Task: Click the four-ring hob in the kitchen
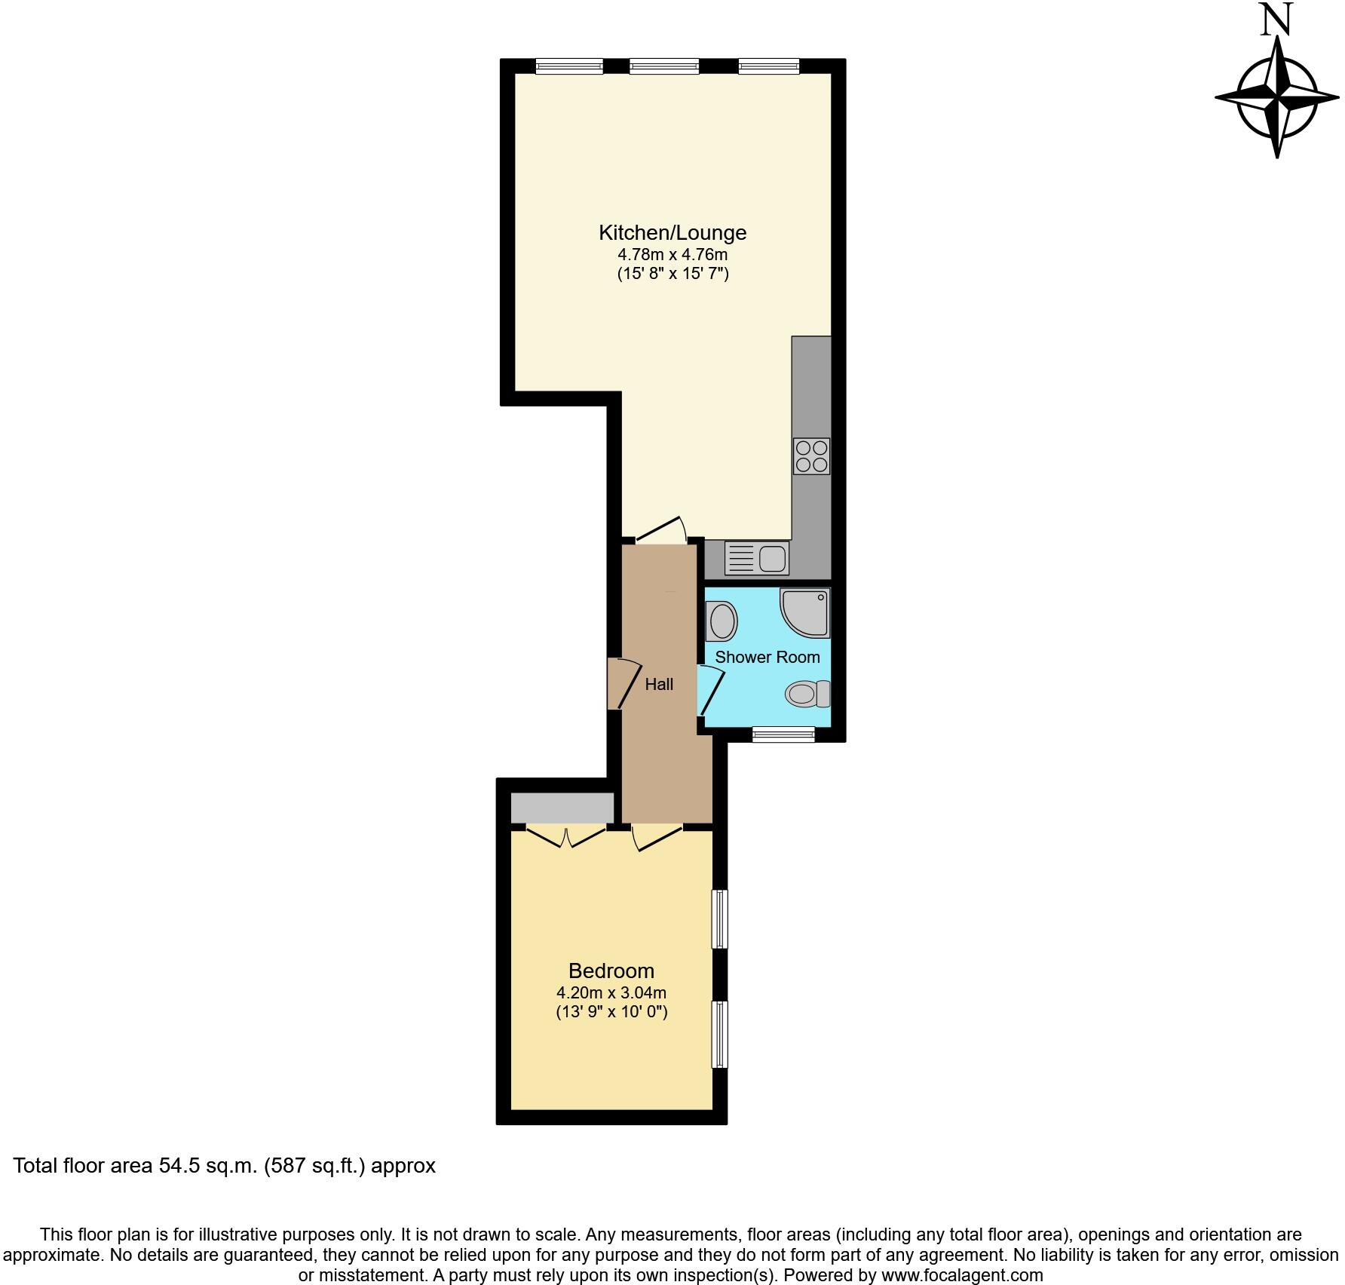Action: [811, 456]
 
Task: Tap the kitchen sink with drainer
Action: [756, 559]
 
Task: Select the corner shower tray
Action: [806, 613]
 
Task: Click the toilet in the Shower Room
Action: [807, 694]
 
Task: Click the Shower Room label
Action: [767, 657]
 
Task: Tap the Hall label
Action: [659, 685]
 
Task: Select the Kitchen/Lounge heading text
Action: [672, 232]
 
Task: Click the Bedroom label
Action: [611, 971]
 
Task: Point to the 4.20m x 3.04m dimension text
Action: [611, 992]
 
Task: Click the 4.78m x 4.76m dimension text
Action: [672, 254]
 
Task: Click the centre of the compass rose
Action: [1277, 99]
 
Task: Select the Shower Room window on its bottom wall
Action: [783, 734]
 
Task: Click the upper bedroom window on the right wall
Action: [720, 919]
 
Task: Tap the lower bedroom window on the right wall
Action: [720, 1033]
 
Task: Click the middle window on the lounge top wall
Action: [664, 66]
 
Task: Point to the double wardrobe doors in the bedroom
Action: [566, 836]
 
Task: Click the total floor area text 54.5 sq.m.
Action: [224, 1166]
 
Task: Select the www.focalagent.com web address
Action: [962, 1275]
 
